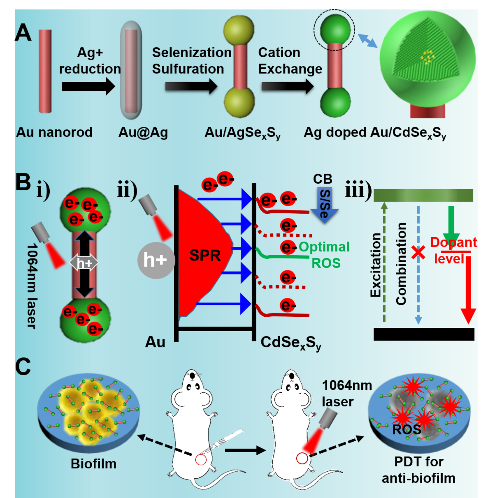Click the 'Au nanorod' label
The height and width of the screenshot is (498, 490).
pyautogui.click(x=54, y=132)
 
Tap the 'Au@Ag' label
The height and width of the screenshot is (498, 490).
pyautogui.click(x=143, y=133)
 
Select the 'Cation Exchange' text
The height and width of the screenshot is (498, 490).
pyautogui.click(x=290, y=61)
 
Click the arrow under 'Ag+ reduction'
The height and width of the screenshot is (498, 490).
pyautogui.click(x=88, y=86)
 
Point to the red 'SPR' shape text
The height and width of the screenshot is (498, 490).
pyautogui.click(x=205, y=255)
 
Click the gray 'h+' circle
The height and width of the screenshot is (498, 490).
pyautogui.click(x=156, y=260)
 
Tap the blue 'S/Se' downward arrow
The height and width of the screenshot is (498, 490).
pyautogui.click(x=324, y=205)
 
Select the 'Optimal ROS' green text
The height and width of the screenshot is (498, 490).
pyautogui.click(x=324, y=255)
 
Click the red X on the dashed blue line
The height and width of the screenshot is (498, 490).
pyautogui.click(x=418, y=252)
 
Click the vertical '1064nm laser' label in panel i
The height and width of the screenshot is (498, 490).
pyautogui.click(x=32, y=286)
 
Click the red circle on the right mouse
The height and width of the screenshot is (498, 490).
pyautogui.click(x=302, y=458)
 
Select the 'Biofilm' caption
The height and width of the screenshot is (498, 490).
pyautogui.click(x=93, y=464)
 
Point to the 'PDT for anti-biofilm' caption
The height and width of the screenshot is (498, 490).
pyautogui.click(x=418, y=470)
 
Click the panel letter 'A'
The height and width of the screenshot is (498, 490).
pyautogui.click(x=23, y=33)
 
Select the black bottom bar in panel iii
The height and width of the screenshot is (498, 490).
pyautogui.click(x=424, y=334)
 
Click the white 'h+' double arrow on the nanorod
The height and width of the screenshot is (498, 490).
pyautogui.click(x=84, y=263)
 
